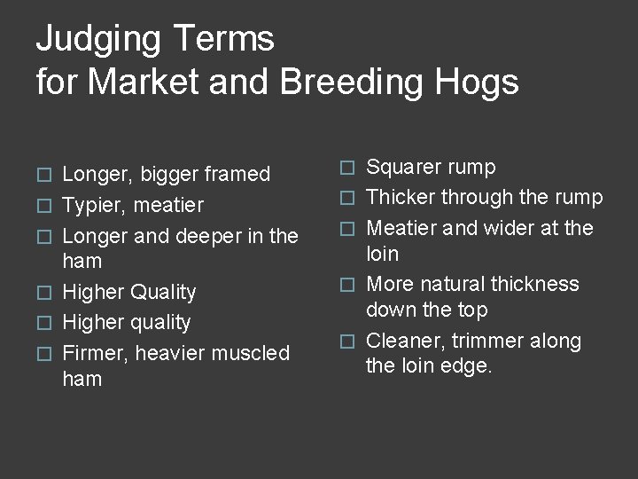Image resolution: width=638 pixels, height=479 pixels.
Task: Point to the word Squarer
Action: pyautogui.click(x=403, y=167)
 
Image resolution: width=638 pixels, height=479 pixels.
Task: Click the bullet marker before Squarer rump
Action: pyautogui.click(x=350, y=168)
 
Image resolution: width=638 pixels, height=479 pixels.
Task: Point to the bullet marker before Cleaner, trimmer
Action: pyautogui.click(x=350, y=342)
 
